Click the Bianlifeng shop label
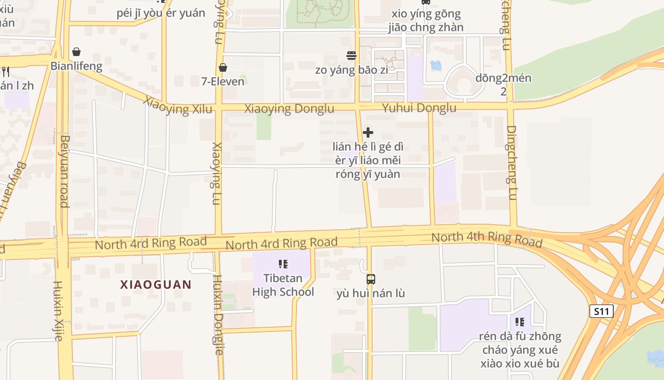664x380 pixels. [x=76, y=66]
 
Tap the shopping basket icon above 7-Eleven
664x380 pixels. [x=222, y=68]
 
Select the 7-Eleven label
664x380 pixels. [x=222, y=81]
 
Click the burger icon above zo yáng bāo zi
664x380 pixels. [x=351, y=56]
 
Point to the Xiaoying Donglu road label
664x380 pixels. [x=289, y=109]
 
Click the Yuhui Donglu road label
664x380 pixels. [x=419, y=108]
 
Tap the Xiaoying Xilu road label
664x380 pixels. [x=178, y=105]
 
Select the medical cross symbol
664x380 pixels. [x=368, y=133]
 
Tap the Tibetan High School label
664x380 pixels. [x=283, y=285]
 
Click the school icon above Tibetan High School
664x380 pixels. [x=283, y=264]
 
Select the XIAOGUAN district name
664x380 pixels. [x=156, y=285]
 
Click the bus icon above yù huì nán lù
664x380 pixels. [x=371, y=279]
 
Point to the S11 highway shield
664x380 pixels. [x=601, y=312]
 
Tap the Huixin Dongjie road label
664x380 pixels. [x=218, y=315]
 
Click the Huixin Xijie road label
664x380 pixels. [x=58, y=311]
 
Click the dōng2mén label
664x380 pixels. [x=503, y=78]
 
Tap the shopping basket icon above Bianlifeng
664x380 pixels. [x=76, y=52]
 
